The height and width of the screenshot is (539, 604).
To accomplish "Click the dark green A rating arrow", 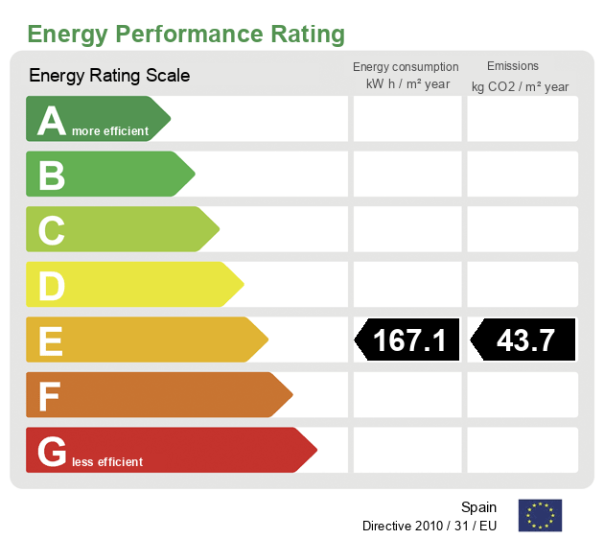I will [x=96, y=119].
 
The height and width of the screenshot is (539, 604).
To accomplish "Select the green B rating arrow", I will [x=108, y=174].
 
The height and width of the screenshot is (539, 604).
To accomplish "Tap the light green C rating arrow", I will [x=121, y=229].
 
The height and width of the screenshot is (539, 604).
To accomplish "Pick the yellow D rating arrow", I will [x=133, y=285].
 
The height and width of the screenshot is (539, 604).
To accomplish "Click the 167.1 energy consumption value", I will [x=408, y=340].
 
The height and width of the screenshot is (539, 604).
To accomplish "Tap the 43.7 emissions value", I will [x=524, y=340].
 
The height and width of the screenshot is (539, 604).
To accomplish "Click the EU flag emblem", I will [x=540, y=515].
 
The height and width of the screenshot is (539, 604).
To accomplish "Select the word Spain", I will [x=478, y=507].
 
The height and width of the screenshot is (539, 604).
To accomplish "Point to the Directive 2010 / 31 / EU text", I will [x=430, y=526].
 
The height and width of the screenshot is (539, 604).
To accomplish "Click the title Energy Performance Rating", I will [x=186, y=35].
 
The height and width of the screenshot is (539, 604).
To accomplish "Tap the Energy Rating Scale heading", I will [x=109, y=75].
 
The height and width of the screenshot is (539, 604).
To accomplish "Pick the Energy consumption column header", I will [x=406, y=67].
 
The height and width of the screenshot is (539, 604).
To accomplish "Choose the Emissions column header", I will [x=513, y=66].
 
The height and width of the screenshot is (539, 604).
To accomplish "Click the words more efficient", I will [x=110, y=131].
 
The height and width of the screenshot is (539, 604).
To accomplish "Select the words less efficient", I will [x=106, y=462].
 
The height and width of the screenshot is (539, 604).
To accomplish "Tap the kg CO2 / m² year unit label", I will [x=520, y=87].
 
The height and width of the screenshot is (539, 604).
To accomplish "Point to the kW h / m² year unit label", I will [x=407, y=84].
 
